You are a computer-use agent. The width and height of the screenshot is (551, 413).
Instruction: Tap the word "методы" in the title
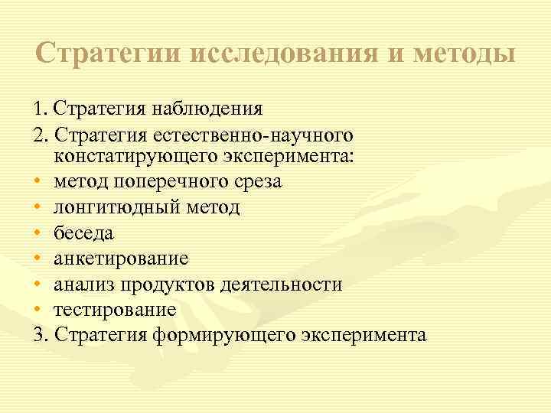(x=464, y=54)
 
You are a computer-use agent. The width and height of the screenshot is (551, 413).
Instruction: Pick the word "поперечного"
(x=165, y=182)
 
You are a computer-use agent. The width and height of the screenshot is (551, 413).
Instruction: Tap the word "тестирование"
(x=115, y=310)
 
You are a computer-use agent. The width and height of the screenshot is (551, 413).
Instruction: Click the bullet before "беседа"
(x=37, y=233)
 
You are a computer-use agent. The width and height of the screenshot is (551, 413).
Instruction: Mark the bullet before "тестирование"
(x=37, y=311)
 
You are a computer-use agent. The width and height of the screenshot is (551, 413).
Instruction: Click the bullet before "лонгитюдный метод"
(x=37, y=207)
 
